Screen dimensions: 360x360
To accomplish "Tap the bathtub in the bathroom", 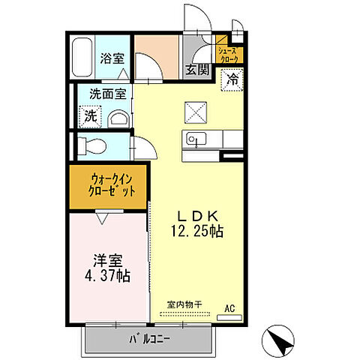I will point(84,58).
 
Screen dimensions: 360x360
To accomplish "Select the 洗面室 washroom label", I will point(107,94).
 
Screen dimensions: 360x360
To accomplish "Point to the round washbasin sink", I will point(117,118).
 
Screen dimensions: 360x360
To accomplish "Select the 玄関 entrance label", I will point(197,70).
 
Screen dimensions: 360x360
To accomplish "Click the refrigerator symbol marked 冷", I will point(233,78).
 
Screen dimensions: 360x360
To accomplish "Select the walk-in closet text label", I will point(112,185).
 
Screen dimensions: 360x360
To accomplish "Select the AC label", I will point(230,307).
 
